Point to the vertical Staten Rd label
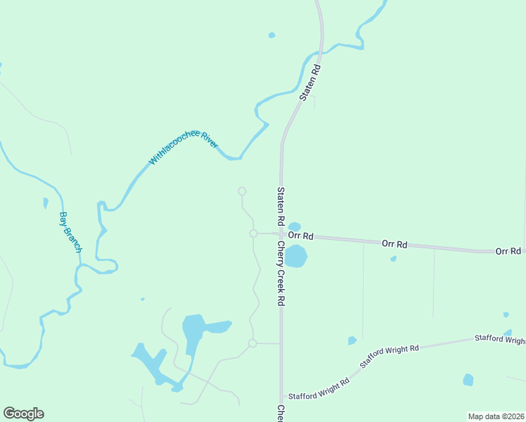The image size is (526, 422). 280,206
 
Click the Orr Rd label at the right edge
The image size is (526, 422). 508,251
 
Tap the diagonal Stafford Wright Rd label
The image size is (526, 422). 390,357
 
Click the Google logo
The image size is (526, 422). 23,414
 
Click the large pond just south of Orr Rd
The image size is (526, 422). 295,256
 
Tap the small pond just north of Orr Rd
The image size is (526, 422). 295,226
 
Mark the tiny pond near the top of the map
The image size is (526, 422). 271,34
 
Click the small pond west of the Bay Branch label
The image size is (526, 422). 46,203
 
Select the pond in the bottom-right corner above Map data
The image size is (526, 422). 468,380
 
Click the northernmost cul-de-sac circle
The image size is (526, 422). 242,191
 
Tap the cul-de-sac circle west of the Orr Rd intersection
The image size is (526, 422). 253,234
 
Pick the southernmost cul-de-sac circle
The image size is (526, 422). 252,343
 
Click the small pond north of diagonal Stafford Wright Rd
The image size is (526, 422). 352,341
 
